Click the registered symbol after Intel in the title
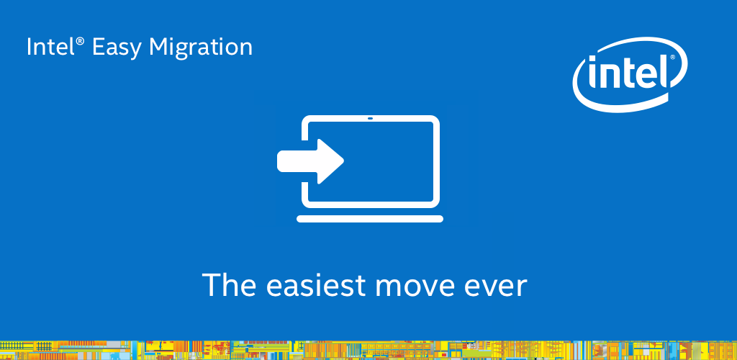coord(81,41)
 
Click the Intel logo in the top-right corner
coord(630,75)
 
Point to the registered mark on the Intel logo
coord(672,58)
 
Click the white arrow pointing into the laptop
coord(310,161)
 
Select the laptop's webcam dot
coord(370,118)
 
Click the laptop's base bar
coord(370,219)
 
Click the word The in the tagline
coord(229,284)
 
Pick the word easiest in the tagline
coord(316,284)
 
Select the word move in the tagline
coord(412,287)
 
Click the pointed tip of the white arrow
coord(343,161)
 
